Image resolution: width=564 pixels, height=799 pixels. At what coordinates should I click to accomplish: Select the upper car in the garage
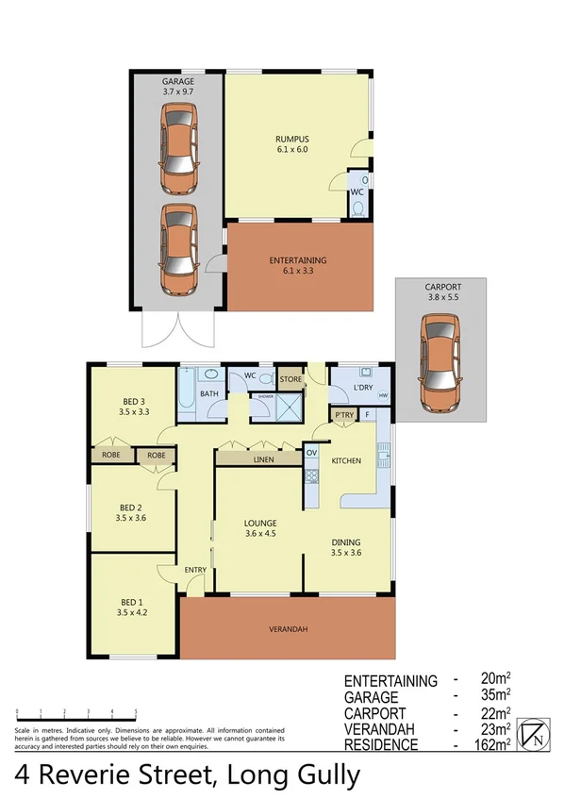click(178, 147)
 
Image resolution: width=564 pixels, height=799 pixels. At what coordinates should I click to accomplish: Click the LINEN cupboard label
click(264, 460)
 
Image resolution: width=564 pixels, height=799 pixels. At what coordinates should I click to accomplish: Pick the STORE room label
click(290, 380)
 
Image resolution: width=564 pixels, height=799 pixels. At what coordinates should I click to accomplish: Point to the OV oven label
click(312, 453)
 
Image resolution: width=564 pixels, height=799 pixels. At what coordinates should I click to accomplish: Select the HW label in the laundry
click(383, 395)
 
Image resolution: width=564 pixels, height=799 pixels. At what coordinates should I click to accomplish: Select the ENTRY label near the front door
click(195, 568)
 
